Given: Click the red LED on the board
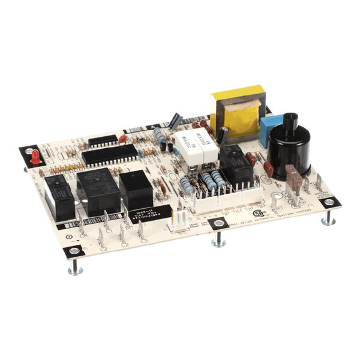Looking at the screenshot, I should click(x=35, y=157).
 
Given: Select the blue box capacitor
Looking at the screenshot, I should click(x=268, y=128).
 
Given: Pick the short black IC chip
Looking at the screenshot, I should click(x=103, y=140).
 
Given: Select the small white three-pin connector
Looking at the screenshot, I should click(x=178, y=220).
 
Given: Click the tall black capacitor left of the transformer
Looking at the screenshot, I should click(x=176, y=121).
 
